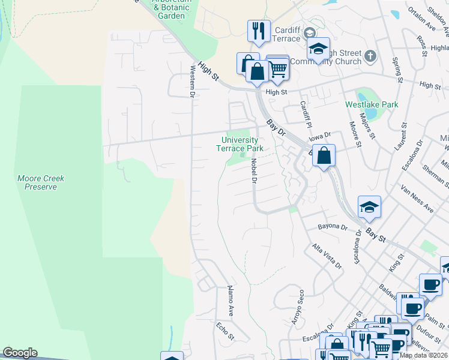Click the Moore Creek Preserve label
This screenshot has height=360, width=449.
click(x=41, y=182)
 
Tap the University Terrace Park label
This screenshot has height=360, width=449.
click(x=243, y=144)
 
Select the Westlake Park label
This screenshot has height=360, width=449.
click(x=372, y=104)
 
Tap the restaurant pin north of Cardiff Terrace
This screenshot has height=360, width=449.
click(x=259, y=31)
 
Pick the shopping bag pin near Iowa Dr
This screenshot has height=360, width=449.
click(x=324, y=156)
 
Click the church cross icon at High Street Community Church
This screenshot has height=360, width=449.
click(x=370, y=56)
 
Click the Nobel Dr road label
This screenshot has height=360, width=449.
click(x=254, y=170)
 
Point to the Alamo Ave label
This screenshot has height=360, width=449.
click(x=230, y=301)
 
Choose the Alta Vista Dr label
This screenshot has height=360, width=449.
click(x=326, y=256)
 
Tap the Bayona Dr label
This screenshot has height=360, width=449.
click(x=333, y=227)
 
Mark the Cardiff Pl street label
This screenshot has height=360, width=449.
click(x=306, y=113)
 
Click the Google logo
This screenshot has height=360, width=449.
click(x=20, y=353)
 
